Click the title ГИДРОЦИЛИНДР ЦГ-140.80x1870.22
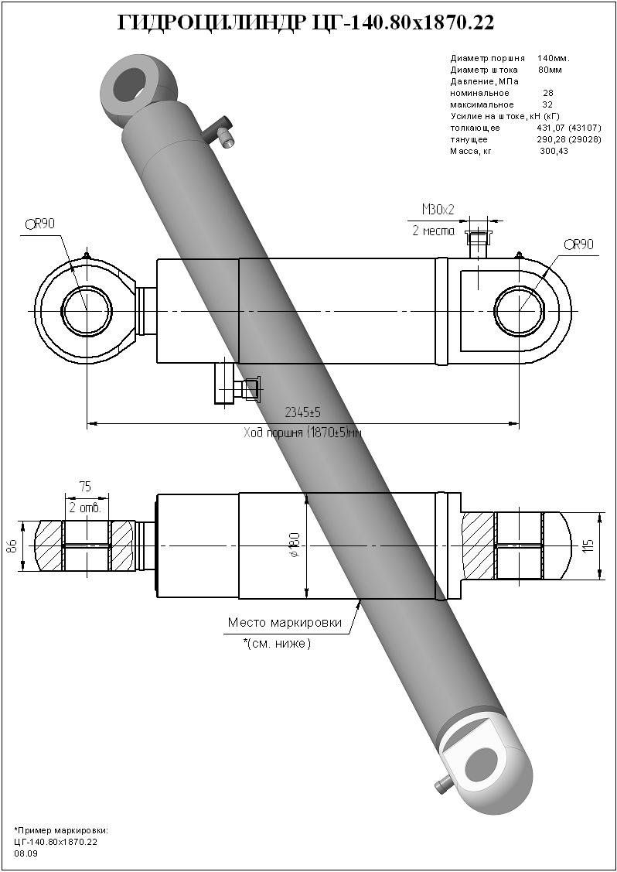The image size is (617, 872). point(305,24)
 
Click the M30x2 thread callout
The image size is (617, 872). point(438,209)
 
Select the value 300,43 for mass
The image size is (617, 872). point(553,152)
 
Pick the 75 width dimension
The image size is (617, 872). point(86,487)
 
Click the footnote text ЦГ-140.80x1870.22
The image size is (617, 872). point(56,841)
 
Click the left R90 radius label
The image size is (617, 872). point(39,224)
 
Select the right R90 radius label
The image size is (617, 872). point(578,245)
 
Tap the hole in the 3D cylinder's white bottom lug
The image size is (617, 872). point(483,764)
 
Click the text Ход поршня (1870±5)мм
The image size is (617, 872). point(302,433)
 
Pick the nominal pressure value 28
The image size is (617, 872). point(547,93)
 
